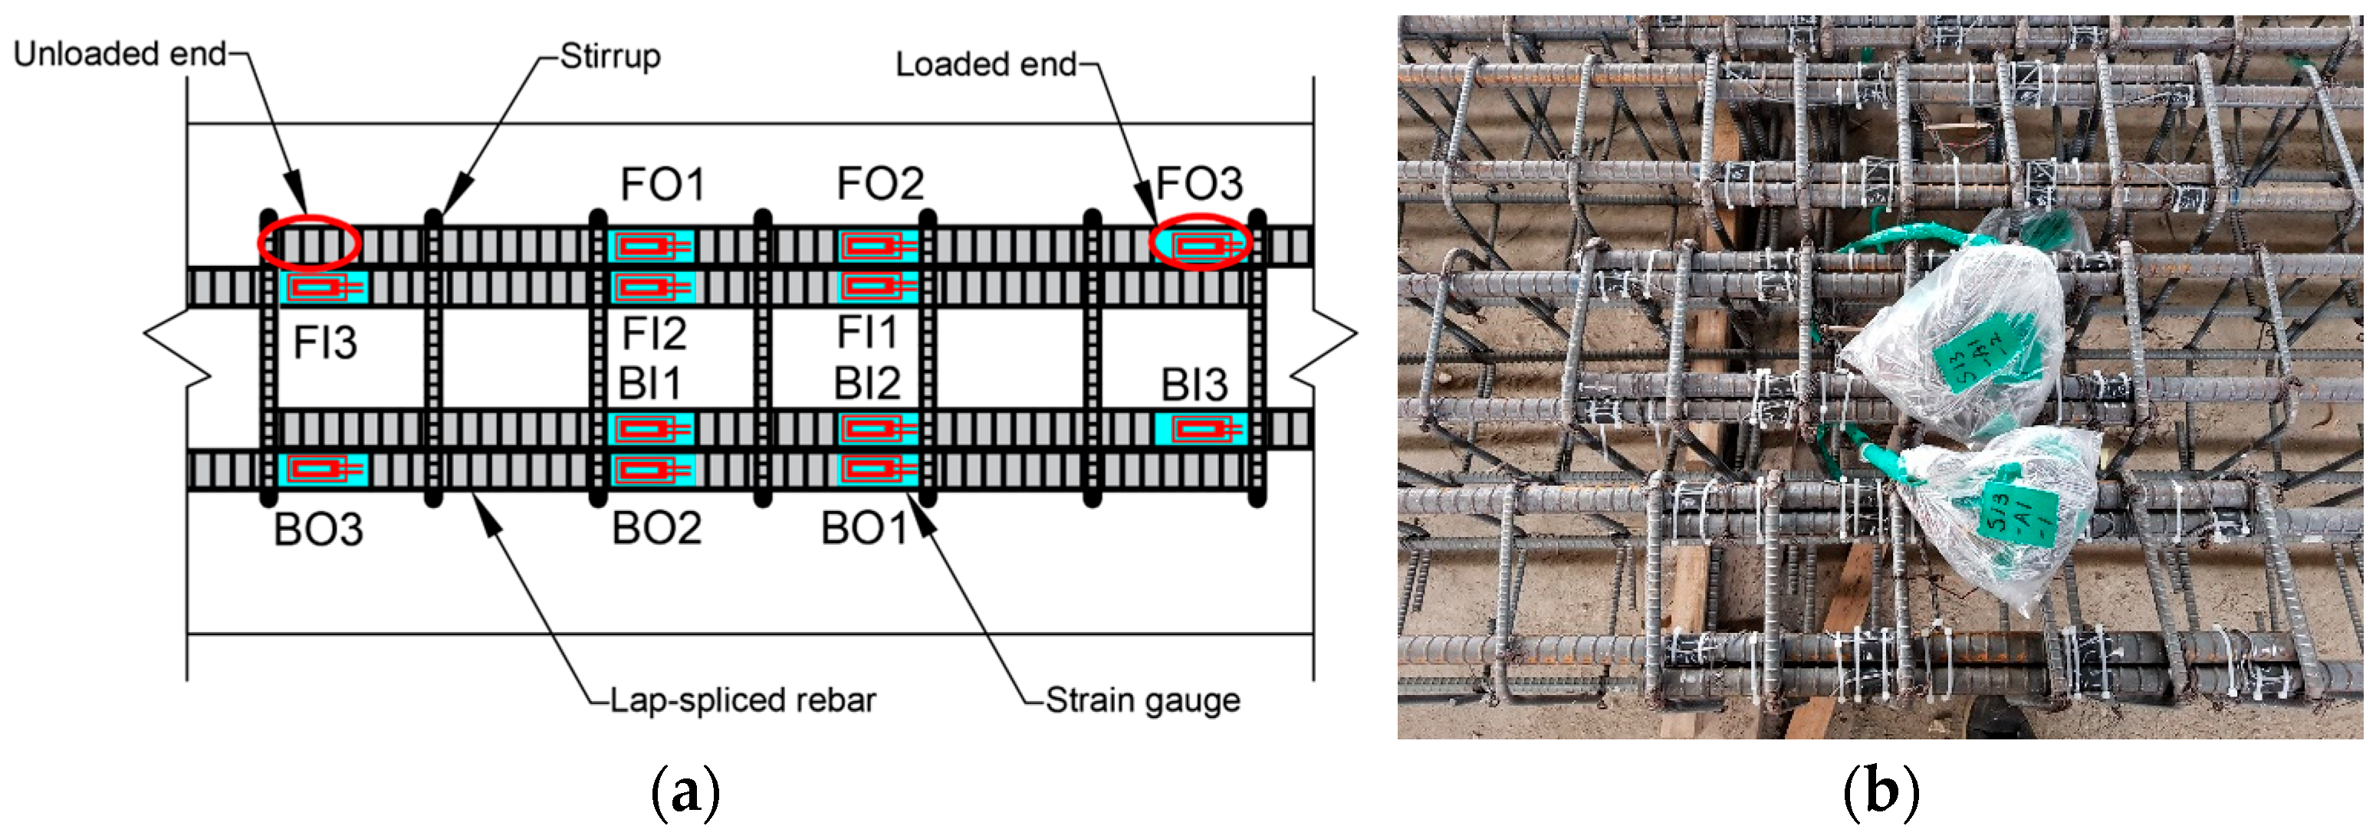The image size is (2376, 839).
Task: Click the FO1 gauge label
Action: coord(662,185)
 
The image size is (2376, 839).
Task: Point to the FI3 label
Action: coord(324,343)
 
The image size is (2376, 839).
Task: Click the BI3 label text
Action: coord(1194,385)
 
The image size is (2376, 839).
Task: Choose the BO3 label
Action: coord(318,530)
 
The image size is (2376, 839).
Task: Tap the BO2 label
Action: coord(657,528)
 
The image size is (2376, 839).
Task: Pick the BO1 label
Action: coord(865,528)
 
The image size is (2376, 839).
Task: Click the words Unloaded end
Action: coord(120,54)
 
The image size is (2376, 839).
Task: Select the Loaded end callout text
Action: coord(986,64)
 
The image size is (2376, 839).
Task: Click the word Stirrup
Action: coord(610,56)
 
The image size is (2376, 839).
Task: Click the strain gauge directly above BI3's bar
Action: coord(1199,430)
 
